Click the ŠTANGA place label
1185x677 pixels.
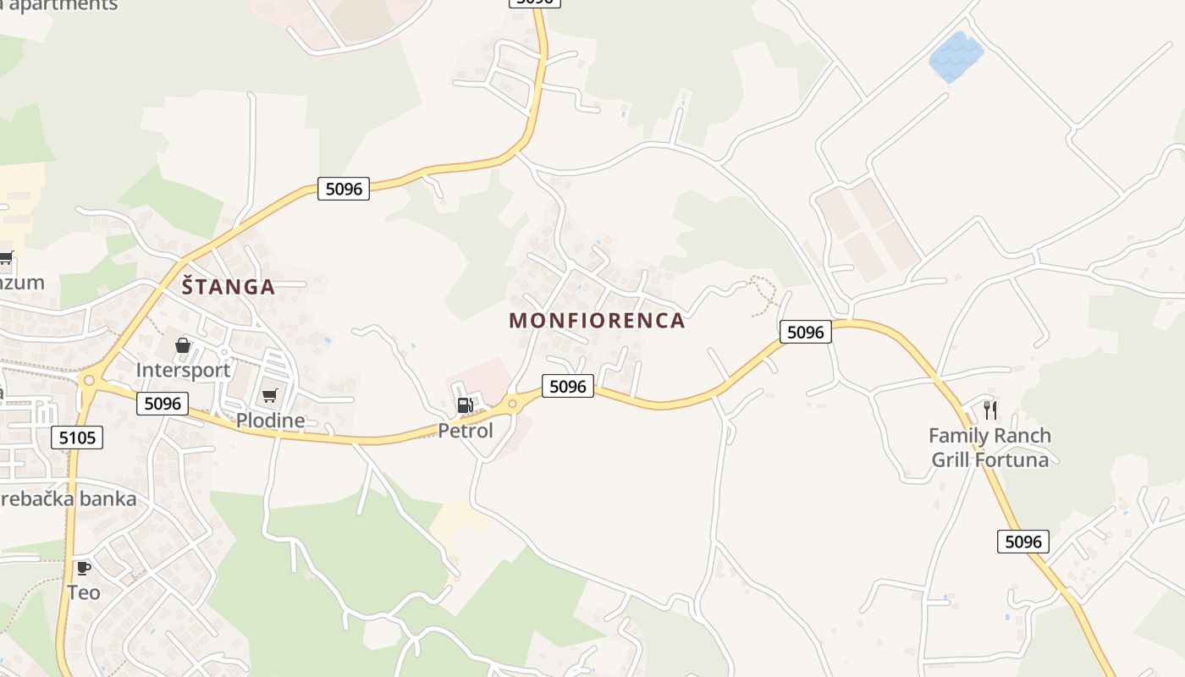click(x=229, y=287)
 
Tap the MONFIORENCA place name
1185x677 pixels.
click(x=597, y=321)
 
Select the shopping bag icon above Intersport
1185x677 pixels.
click(x=183, y=345)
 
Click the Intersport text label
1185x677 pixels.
click(x=183, y=371)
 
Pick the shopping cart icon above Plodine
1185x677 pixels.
click(x=270, y=395)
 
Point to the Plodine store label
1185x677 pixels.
click(x=270, y=421)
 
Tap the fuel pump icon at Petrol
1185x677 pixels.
click(x=465, y=405)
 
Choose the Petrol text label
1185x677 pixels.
click(x=466, y=431)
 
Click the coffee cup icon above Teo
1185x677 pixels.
click(x=83, y=568)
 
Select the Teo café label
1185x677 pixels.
click(x=84, y=592)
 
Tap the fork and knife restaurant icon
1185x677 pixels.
click(x=990, y=410)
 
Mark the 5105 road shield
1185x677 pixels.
click(x=77, y=438)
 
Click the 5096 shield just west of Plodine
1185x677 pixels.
click(x=163, y=404)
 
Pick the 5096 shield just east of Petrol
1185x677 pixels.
click(x=567, y=387)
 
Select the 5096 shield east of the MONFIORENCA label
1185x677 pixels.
click(x=805, y=332)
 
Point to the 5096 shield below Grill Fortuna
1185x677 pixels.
click(x=1023, y=542)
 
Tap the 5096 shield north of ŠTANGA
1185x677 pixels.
click(x=344, y=189)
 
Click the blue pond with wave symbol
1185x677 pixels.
click(x=956, y=56)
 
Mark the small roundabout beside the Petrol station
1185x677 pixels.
click(x=512, y=404)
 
